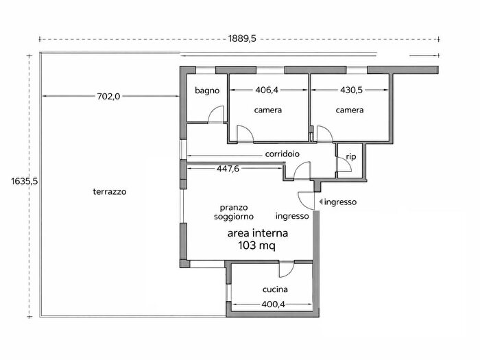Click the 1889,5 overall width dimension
[242, 39]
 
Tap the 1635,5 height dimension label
[25, 181]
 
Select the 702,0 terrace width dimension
[108, 97]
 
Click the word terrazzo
[110, 191]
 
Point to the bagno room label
[207, 91]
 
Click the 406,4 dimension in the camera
[267, 90]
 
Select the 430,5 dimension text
[351, 90]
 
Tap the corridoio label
[283, 154]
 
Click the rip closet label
[351, 157]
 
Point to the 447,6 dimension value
[228, 169]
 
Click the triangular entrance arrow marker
[320, 202]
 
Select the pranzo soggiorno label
[234, 212]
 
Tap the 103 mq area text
[256, 245]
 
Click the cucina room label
[275, 289]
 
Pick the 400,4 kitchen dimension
[273, 304]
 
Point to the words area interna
[257, 233]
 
